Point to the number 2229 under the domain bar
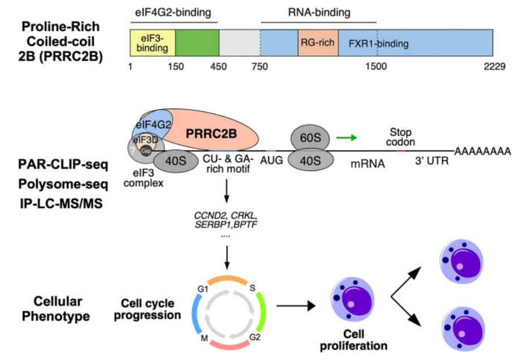coord(494,66)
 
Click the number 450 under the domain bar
coord(218,66)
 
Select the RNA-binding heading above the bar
coord(318,11)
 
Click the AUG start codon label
coord(271,161)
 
